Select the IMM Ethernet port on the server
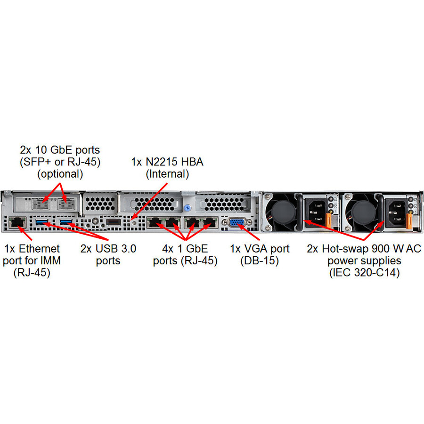point(17,221)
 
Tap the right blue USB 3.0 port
point(66,221)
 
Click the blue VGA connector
point(236,223)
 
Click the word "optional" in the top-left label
point(60,173)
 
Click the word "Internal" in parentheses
point(167,174)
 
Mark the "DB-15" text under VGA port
point(259,261)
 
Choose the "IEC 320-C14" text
point(364,272)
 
